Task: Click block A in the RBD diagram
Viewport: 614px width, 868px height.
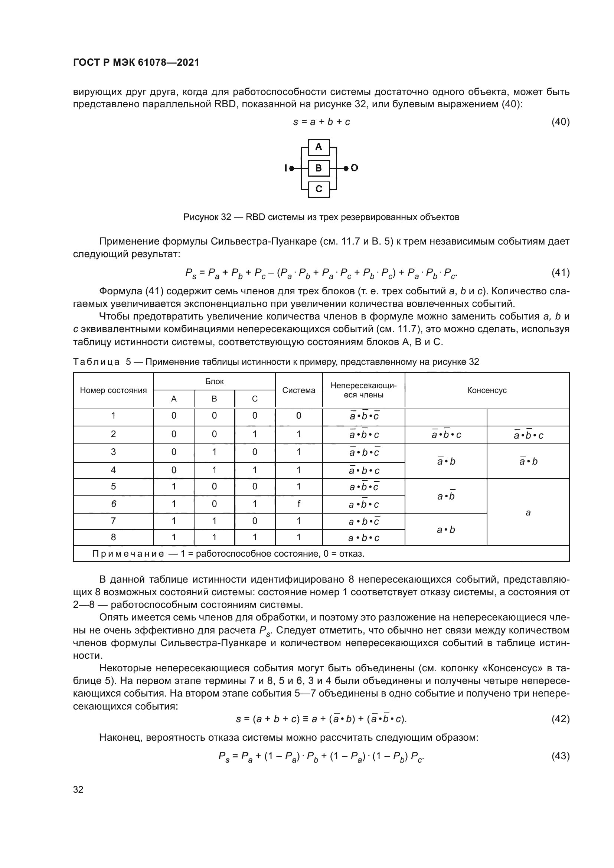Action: tap(319, 147)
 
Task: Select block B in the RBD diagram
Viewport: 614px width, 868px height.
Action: tap(319, 168)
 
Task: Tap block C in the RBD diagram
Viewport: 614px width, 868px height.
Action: tap(319, 189)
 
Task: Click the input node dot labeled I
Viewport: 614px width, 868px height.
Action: tap(292, 168)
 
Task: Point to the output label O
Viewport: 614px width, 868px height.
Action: tap(354, 168)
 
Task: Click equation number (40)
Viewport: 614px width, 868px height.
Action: tap(560, 122)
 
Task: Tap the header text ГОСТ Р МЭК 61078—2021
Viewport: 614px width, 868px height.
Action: tap(136, 63)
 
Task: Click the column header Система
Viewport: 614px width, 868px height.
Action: tap(299, 390)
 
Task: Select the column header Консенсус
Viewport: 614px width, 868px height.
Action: tap(487, 390)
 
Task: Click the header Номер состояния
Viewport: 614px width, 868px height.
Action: tap(113, 390)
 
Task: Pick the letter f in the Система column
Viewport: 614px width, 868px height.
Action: tap(299, 504)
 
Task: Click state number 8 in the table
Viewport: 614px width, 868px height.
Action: tap(113, 537)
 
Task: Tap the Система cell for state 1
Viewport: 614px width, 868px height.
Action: tap(299, 416)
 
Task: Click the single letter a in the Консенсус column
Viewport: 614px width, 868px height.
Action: tap(528, 512)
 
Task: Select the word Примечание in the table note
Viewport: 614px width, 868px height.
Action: tap(128, 554)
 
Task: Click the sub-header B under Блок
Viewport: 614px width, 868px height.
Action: tap(214, 399)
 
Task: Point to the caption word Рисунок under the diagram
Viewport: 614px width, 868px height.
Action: tap(201, 217)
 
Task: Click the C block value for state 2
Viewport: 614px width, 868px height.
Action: tap(254, 434)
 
